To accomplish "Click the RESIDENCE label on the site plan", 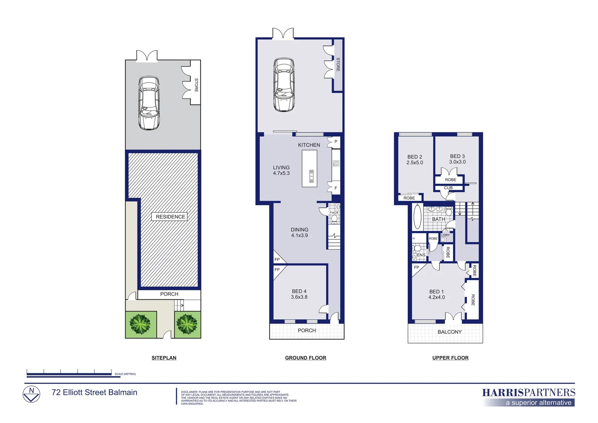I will pyautogui.click(x=170, y=217).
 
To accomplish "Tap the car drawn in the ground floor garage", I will pyautogui.click(x=284, y=85).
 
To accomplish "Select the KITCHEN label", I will pyautogui.click(x=309, y=145).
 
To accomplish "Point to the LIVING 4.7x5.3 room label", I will pyautogui.click(x=281, y=170).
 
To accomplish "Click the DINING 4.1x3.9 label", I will pyautogui.click(x=299, y=232).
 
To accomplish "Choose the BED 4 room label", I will pyautogui.click(x=299, y=294).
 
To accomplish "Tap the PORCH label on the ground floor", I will pyautogui.click(x=306, y=331).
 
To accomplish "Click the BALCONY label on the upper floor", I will pyautogui.click(x=449, y=332).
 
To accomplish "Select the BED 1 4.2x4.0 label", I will pyautogui.click(x=436, y=295).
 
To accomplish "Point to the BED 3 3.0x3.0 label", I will pyautogui.click(x=457, y=159).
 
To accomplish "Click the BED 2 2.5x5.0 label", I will pyautogui.click(x=414, y=160).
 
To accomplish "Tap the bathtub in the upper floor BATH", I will pyautogui.click(x=418, y=217).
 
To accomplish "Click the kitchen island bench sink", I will pyautogui.click(x=312, y=176).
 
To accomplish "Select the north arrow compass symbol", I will pyautogui.click(x=31, y=394).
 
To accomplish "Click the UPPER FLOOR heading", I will pyautogui.click(x=450, y=358).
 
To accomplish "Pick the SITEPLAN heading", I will pyautogui.click(x=164, y=358).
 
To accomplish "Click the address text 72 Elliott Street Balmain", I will pyautogui.click(x=94, y=392).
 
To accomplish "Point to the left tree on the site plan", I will pyautogui.click(x=140, y=324).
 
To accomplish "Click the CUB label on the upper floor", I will pyautogui.click(x=448, y=188).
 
